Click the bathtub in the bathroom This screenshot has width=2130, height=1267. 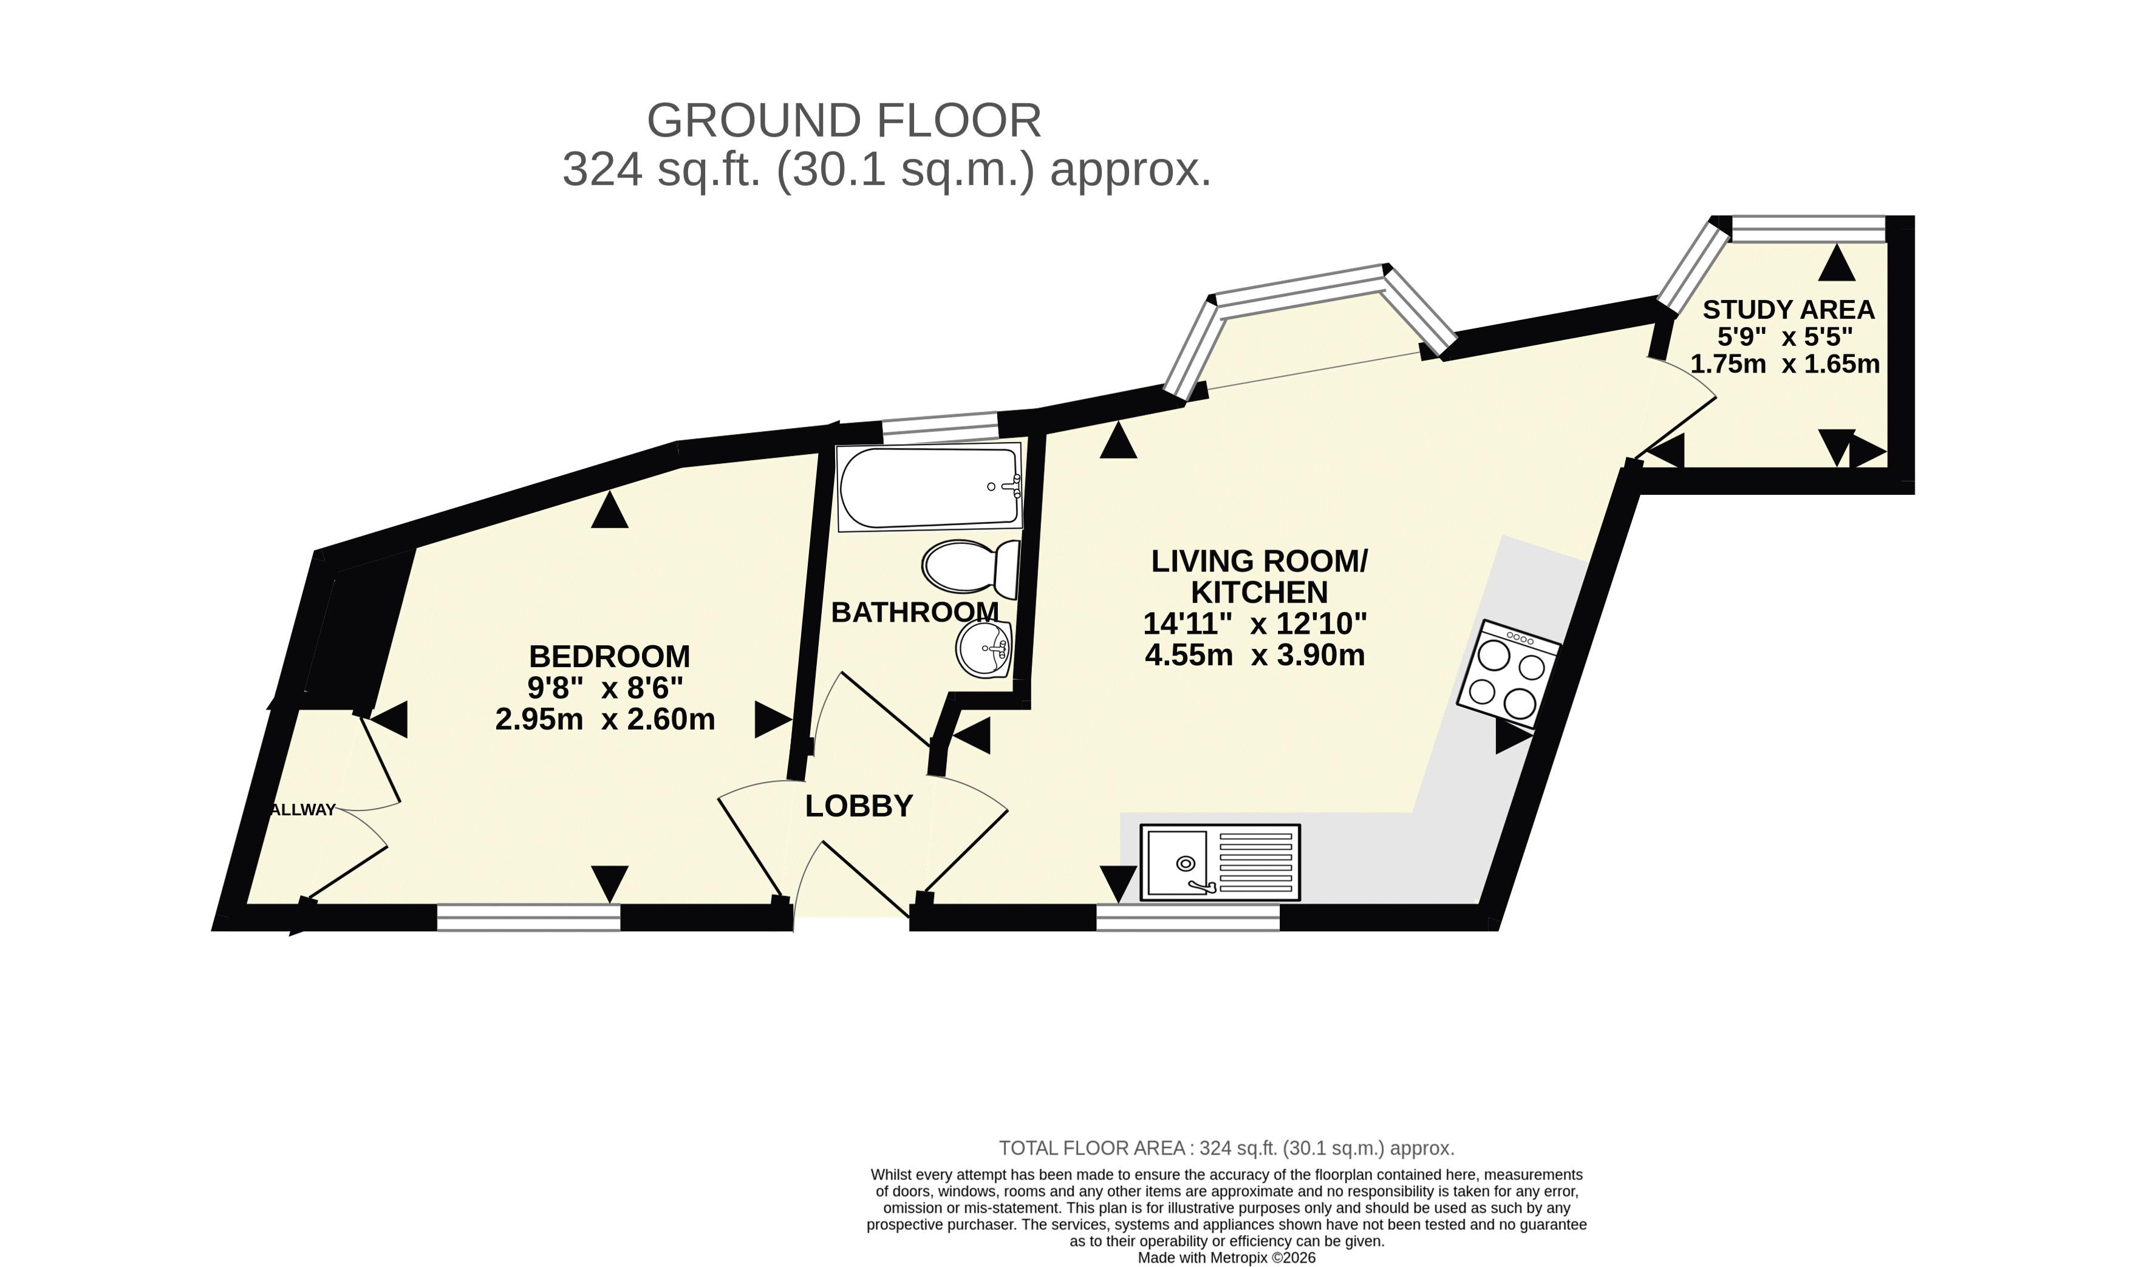tap(929, 487)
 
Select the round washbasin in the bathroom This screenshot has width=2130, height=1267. tap(984, 648)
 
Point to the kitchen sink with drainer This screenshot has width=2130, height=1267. tap(1220, 861)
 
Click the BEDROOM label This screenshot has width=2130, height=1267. tap(609, 656)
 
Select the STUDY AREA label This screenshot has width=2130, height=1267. tap(1789, 309)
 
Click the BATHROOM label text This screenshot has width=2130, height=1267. tap(915, 612)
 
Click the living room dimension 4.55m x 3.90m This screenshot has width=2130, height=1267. tap(1255, 656)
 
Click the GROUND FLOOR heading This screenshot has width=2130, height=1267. tap(844, 120)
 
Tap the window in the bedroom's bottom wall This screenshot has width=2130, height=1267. tap(528, 917)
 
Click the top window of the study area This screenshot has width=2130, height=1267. tap(1807, 229)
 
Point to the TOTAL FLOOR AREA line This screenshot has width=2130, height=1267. tap(1226, 1149)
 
